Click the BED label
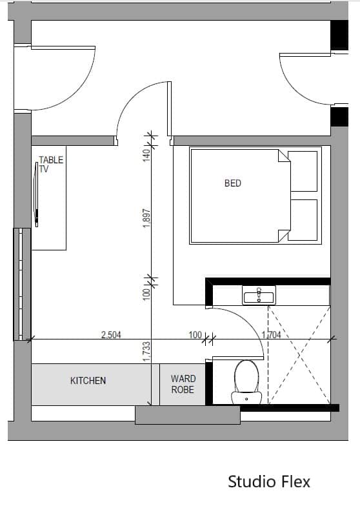(232, 183)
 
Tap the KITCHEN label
(88, 381)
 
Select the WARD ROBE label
(183, 384)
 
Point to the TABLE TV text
(51, 164)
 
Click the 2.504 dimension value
(111, 334)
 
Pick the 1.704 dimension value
(271, 335)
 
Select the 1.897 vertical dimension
(146, 218)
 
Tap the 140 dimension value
(146, 156)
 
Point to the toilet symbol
(246, 382)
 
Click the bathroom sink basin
(259, 295)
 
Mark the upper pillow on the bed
(303, 171)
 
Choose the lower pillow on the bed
(303, 220)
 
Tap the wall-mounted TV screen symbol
(37, 194)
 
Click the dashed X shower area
(299, 355)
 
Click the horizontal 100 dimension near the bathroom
(195, 335)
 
